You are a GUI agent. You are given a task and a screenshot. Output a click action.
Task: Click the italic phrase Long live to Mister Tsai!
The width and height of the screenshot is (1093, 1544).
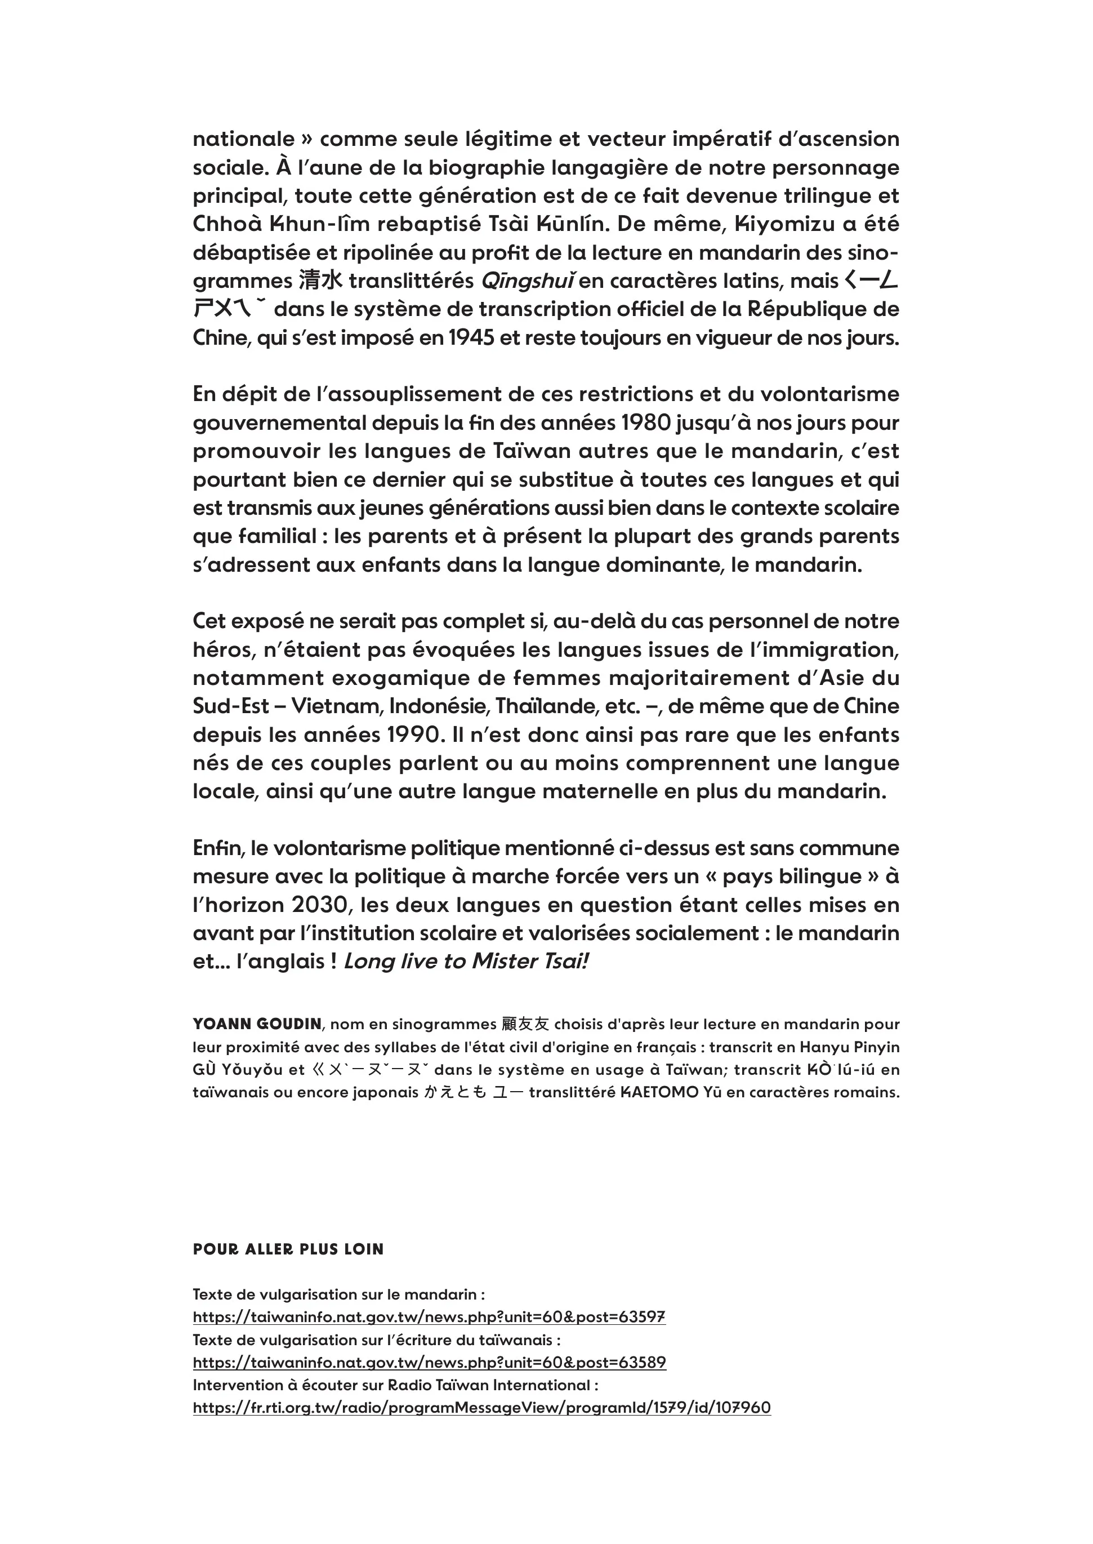466,961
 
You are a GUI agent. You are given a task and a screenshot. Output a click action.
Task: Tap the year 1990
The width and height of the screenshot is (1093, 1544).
417,735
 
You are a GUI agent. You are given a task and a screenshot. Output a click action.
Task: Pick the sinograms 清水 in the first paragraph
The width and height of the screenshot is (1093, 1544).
320,281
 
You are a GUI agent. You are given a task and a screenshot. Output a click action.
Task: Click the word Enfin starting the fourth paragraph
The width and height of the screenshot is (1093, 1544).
217,848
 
